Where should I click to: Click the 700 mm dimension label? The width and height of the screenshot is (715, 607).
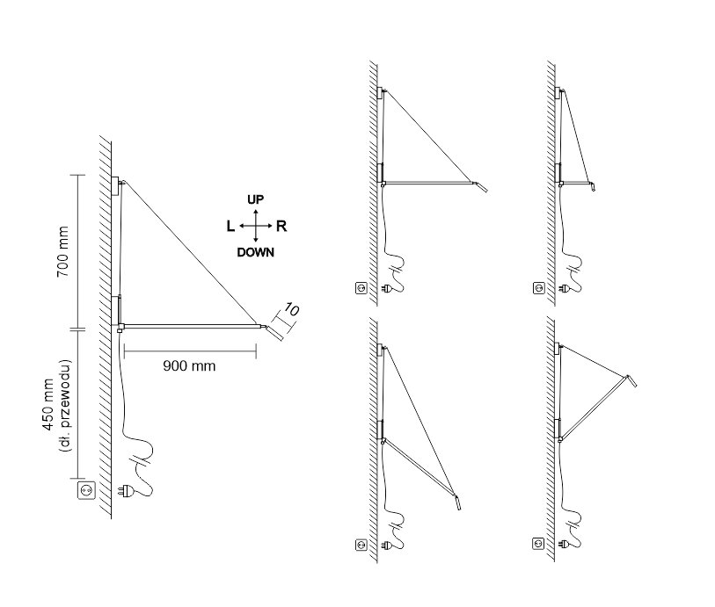[62, 251]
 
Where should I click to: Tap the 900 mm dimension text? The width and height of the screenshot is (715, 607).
[189, 365]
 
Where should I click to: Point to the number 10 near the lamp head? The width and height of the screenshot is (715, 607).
[291, 309]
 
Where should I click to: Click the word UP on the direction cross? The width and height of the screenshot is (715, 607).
[255, 199]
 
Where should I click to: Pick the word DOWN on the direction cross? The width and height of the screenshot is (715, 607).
[255, 252]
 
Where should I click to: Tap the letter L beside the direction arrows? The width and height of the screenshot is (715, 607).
[230, 226]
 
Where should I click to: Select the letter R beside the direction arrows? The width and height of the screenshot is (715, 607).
[281, 226]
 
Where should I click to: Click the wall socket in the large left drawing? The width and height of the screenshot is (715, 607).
[87, 490]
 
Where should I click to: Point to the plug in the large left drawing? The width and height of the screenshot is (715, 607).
[126, 491]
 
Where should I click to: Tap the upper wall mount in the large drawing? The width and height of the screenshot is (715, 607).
[115, 185]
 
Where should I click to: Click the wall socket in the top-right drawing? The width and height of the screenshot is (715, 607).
[538, 288]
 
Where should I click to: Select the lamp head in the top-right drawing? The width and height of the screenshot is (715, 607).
[593, 186]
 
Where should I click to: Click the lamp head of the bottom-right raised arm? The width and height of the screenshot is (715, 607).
[631, 380]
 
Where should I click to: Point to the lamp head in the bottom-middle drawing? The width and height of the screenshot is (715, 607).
[458, 502]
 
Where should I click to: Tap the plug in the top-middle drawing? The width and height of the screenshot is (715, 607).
[387, 288]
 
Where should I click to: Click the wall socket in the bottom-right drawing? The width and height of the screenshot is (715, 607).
[538, 543]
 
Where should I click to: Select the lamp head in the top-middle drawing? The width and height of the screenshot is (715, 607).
[482, 187]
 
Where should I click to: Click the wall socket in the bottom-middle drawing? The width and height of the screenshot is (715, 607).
[361, 545]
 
